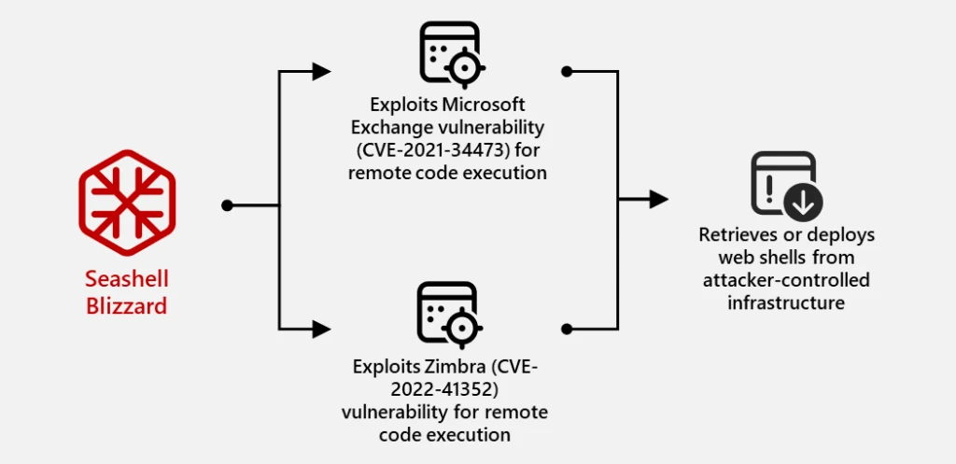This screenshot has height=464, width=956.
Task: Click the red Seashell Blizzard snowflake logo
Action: (x=127, y=204)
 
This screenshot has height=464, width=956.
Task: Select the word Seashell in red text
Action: (x=127, y=279)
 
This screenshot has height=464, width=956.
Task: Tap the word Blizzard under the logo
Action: (x=127, y=304)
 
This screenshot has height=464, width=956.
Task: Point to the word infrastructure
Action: (x=786, y=302)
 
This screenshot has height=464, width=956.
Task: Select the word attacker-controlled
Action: (x=787, y=280)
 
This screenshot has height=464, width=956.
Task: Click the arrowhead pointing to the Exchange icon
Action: (x=321, y=72)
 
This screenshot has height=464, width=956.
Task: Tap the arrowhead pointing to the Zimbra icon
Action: (x=321, y=329)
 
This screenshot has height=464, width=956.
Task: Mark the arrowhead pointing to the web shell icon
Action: (x=658, y=199)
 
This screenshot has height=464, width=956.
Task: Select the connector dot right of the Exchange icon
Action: (x=566, y=72)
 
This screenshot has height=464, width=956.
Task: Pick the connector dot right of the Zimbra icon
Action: (x=566, y=329)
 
